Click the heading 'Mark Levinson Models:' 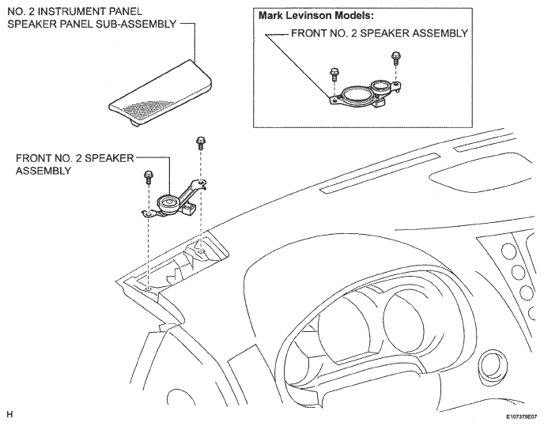(x=316, y=16)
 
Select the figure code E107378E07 (x=521, y=417)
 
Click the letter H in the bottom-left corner (x=9, y=414)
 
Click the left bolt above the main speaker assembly (x=148, y=176)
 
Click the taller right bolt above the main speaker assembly (x=200, y=142)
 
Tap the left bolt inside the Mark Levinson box (x=334, y=74)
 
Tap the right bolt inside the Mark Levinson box (x=395, y=58)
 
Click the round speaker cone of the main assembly (x=168, y=202)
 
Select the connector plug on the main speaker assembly (x=189, y=209)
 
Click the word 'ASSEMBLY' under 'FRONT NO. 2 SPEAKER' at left (x=43, y=171)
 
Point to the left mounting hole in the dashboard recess (x=148, y=289)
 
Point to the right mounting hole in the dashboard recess (x=202, y=251)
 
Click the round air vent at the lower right (x=492, y=368)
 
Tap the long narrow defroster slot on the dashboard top (x=380, y=172)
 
